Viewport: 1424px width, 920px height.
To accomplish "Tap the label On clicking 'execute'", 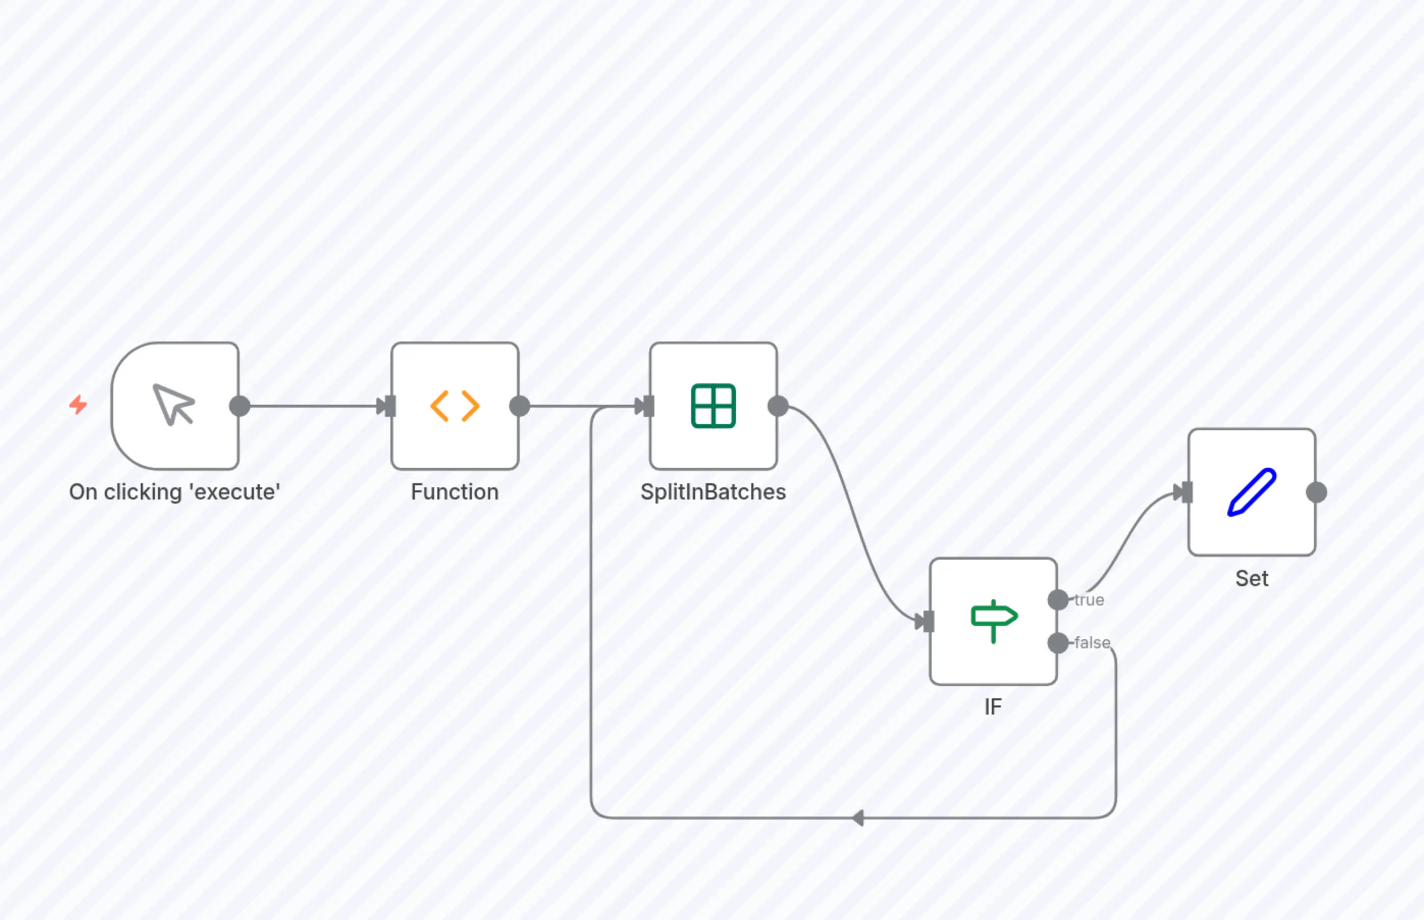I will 174,492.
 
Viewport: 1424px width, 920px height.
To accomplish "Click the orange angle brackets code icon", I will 455,406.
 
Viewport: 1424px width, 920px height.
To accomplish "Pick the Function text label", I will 455,492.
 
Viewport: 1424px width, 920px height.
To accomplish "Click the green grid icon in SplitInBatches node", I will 713,406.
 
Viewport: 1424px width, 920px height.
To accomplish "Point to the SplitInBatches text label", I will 713,492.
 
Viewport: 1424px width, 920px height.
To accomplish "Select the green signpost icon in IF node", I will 994,621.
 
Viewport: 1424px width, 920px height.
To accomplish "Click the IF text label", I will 993,707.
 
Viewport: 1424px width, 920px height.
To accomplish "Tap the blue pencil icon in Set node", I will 1252,492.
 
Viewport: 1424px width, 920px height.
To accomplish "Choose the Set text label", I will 1252,579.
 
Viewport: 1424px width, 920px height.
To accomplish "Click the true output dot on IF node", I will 1058,600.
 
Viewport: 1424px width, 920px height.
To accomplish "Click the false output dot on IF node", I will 1058,643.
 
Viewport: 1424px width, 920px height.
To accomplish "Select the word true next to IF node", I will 1089,600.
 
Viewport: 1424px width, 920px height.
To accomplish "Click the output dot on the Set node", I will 1316,492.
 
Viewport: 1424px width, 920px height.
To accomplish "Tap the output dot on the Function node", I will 520,406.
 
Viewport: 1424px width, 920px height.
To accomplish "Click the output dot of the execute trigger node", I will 240,406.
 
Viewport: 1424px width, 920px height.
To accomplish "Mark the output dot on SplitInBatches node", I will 778,406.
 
